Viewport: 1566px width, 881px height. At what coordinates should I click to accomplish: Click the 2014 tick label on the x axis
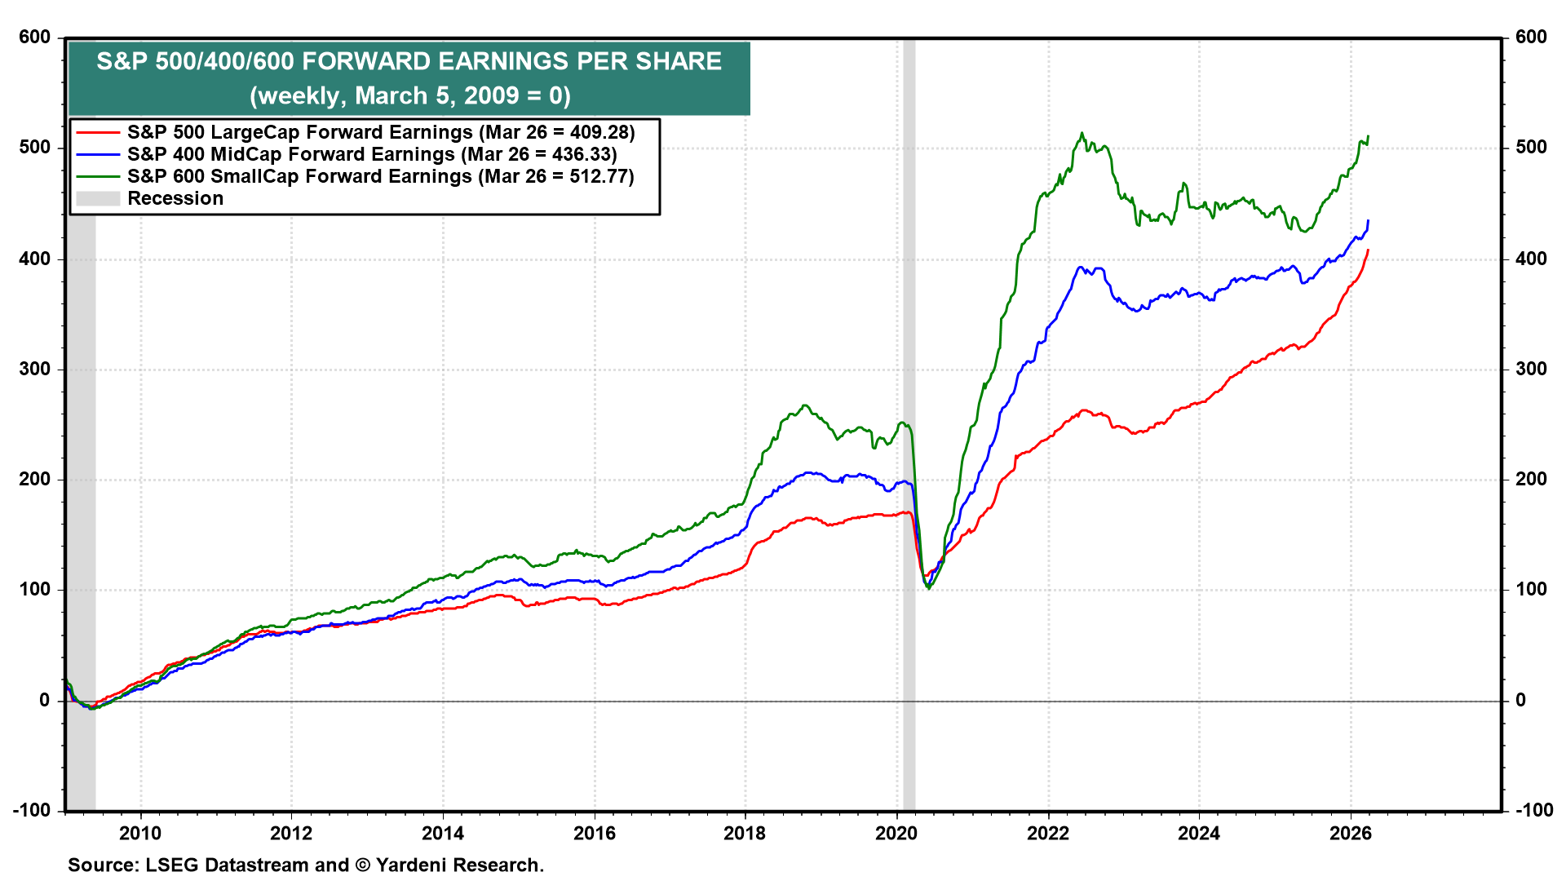click(x=443, y=833)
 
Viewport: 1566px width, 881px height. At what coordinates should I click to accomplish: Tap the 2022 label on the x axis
click(x=1047, y=833)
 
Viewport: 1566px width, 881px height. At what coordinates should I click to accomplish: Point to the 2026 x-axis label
click(x=1351, y=833)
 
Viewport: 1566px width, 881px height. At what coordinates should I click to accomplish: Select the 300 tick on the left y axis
click(x=34, y=369)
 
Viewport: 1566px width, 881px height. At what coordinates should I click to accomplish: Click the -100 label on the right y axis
click(x=1534, y=810)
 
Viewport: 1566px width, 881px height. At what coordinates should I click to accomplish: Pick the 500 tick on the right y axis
click(x=1531, y=148)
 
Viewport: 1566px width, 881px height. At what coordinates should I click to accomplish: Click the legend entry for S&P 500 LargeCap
click(x=299, y=132)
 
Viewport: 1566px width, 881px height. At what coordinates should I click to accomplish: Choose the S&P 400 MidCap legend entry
click(x=290, y=154)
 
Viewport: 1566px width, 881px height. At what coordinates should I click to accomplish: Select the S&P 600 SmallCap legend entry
click(x=299, y=176)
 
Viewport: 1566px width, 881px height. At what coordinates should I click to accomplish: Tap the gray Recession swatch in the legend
click(x=98, y=198)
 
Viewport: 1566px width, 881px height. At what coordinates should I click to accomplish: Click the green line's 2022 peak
click(x=1082, y=134)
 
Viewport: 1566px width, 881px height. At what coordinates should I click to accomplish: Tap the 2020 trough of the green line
click(x=929, y=588)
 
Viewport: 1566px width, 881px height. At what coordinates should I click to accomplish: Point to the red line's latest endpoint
click(x=1368, y=250)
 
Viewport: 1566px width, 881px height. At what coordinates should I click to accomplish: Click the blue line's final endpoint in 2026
click(x=1368, y=220)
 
